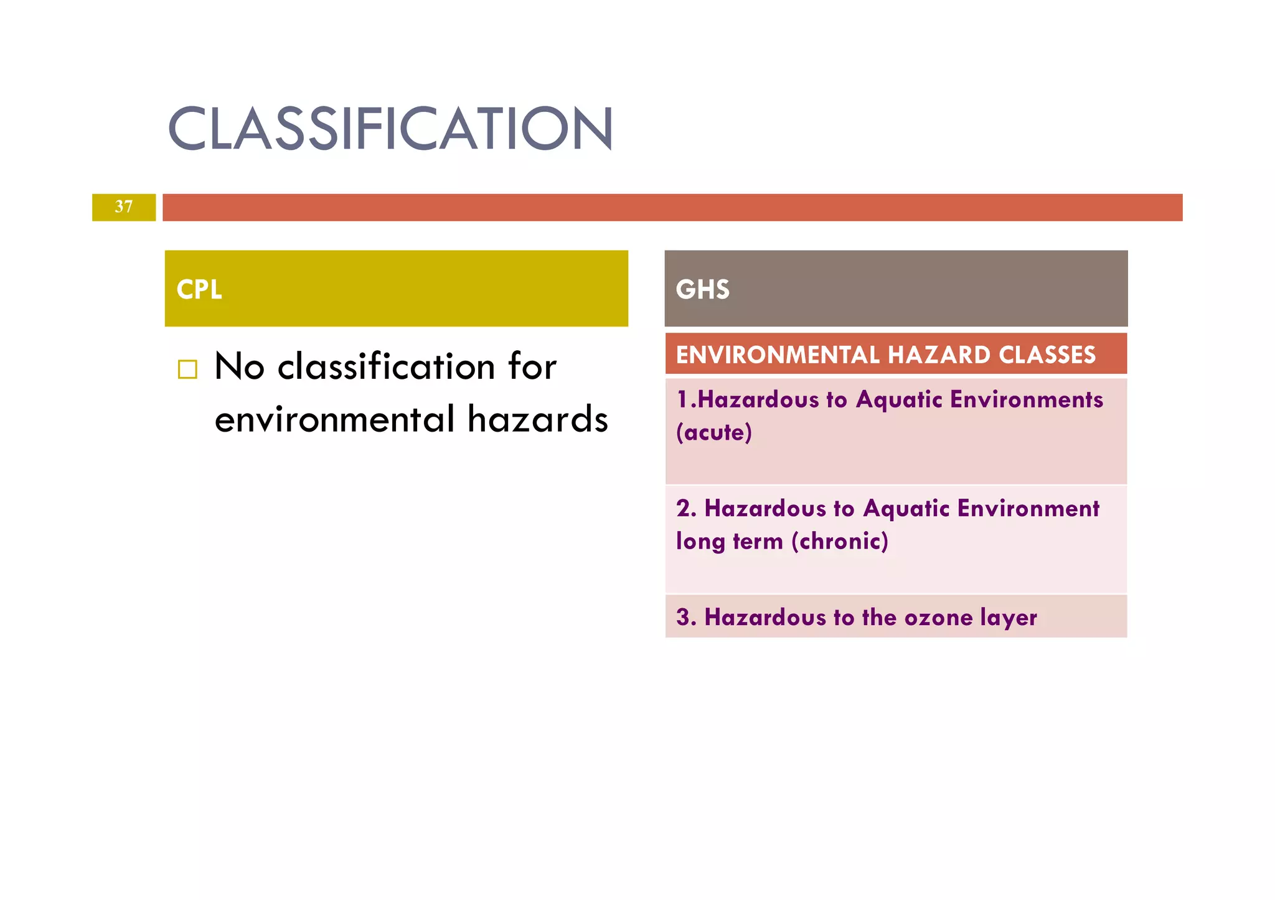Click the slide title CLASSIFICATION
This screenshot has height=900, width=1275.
(390, 129)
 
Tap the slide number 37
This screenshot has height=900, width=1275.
(124, 206)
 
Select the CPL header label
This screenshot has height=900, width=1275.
(199, 289)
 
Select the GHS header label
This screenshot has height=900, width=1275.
(702, 289)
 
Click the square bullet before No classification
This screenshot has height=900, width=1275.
(187, 369)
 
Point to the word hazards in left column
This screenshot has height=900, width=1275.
(537, 419)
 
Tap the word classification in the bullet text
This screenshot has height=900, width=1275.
(386, 366)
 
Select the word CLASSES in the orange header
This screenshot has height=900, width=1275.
(1047, 355)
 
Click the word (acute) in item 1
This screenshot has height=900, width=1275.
(714, 432)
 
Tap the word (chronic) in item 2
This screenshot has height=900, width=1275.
(840, 541)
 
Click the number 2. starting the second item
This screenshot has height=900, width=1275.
(686, 509)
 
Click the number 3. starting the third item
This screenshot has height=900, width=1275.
(686, 618)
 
